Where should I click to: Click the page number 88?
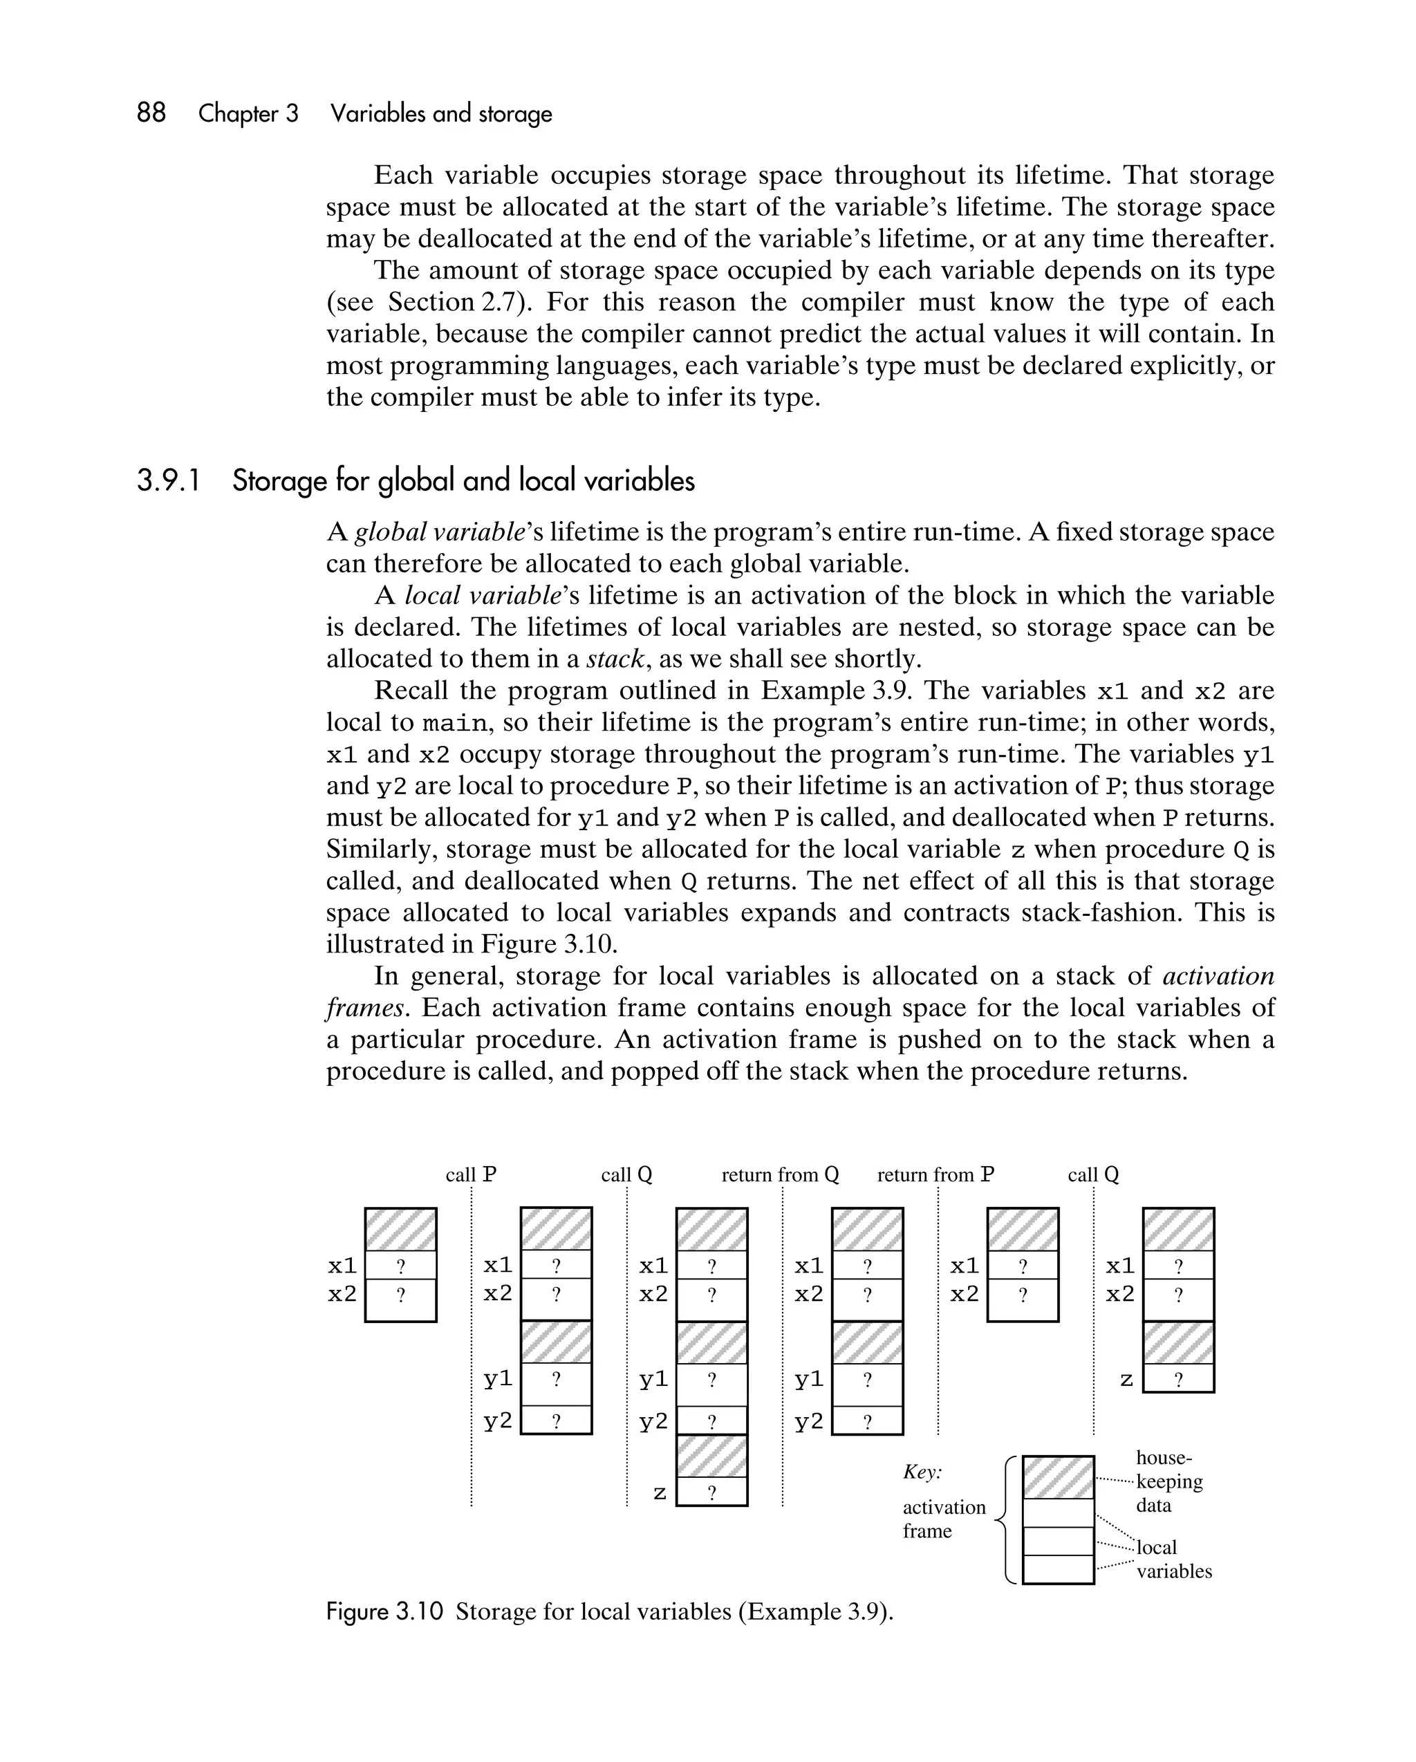(x=151, y=113)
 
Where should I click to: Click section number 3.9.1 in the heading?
(x=169, y=480)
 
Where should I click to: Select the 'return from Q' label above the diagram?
(x=780, y=1174)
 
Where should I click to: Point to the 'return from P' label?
(x=935, y=1174)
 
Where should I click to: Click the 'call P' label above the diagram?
(x=471, y=1174)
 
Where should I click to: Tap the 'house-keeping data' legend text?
(x=1168, y=1481)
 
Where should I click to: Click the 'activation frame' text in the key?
(x=944, y=1519)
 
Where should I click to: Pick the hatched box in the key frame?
(x=1058, y=1478)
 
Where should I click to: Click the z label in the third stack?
(x=660, y=1492)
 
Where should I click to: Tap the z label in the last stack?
(x=1126, y=1380)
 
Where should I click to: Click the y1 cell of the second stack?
(x=556, y=1380)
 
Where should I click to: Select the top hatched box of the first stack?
(x=400, y=1230)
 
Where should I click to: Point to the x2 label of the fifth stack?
(x=965, y=1294)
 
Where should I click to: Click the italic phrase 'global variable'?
(x=439, y=532)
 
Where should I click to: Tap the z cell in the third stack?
(x=711, y=1492)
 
